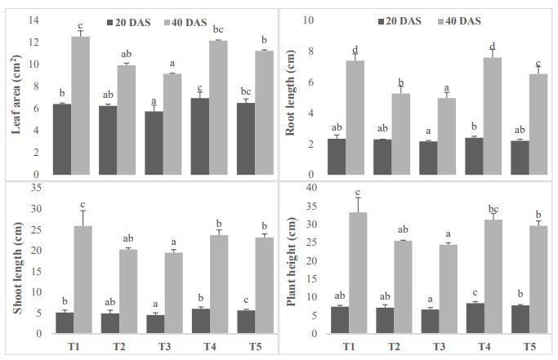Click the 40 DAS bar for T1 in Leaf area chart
81,104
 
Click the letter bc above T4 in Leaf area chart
217,30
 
